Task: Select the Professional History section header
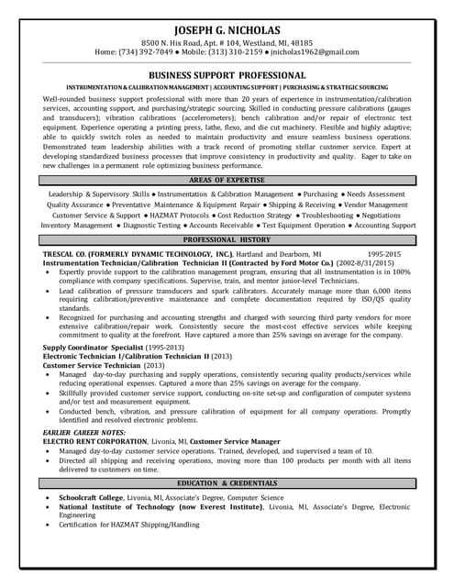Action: tap(227, 238)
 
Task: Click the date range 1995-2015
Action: tap(384, 252)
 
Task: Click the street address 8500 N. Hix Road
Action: tap(180, 42)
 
